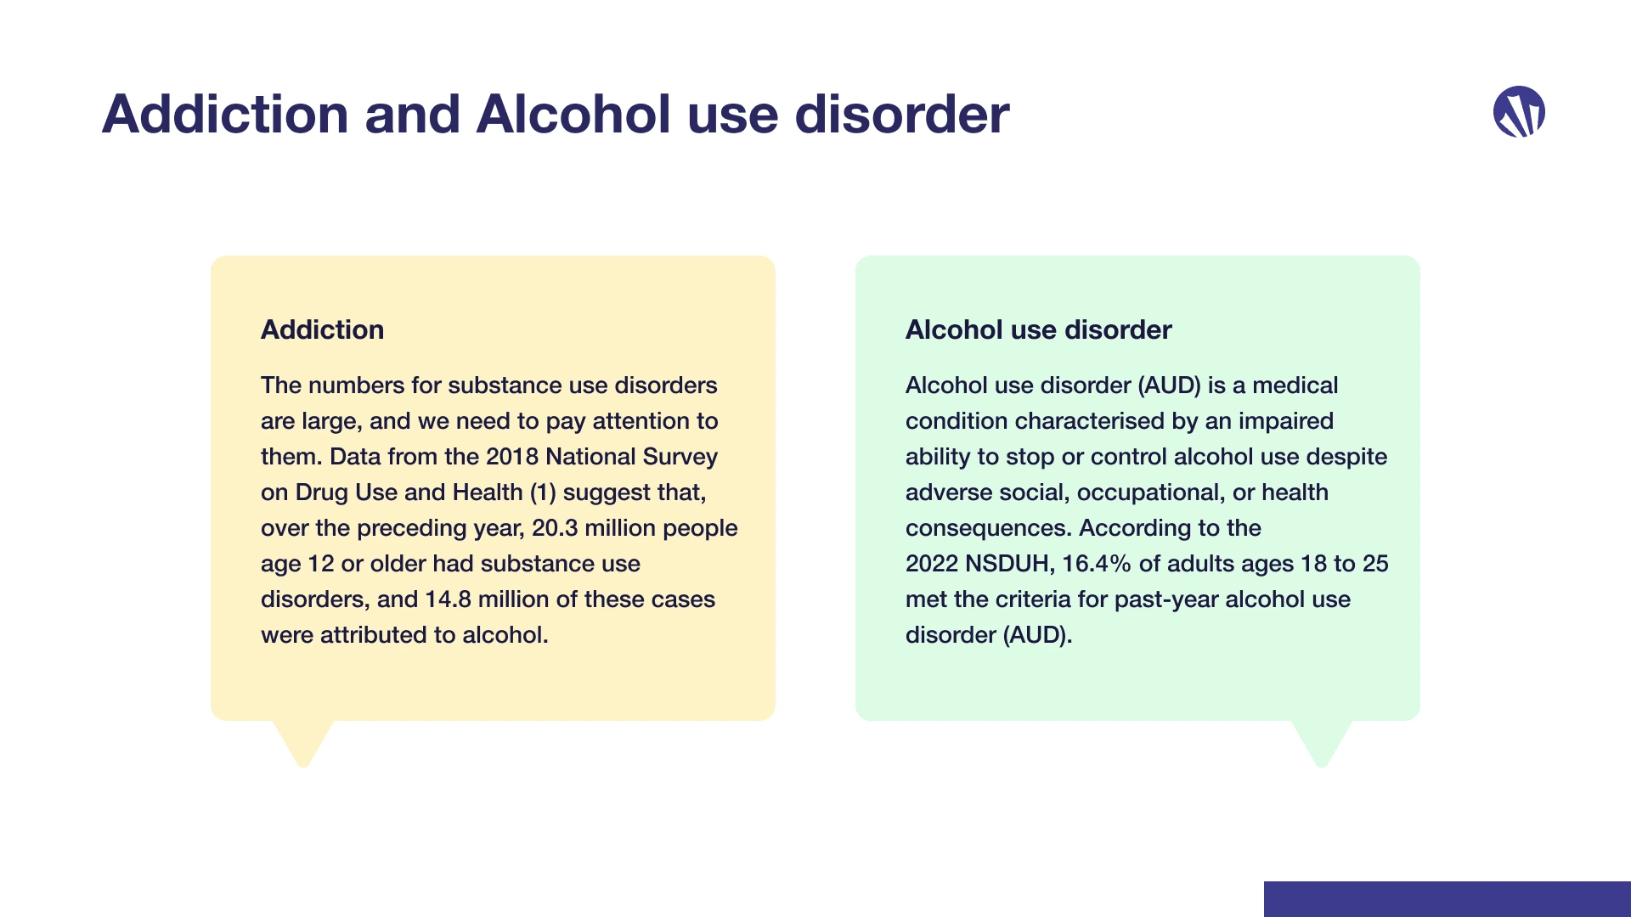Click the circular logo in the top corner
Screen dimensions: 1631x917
tap(1519, 111)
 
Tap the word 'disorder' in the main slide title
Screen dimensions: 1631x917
tap(902, 114)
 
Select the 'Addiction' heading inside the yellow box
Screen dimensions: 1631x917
tap(322, 329)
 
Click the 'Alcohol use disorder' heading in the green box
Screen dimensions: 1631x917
tap(1038, 329)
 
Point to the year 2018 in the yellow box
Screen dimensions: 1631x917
tap(512, 457)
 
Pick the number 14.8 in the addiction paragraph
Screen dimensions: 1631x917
tap(448, 599)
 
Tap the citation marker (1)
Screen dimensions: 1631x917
tap(543, 492)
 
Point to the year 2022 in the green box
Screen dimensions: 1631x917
tap(932, 564)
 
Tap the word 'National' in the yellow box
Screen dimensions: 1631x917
tap(590, 457)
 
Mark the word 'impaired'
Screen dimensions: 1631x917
tap(1285, 421)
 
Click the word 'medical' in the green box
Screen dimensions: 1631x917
tap(1295, 385)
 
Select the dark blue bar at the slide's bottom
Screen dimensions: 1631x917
tap(1448, 899)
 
